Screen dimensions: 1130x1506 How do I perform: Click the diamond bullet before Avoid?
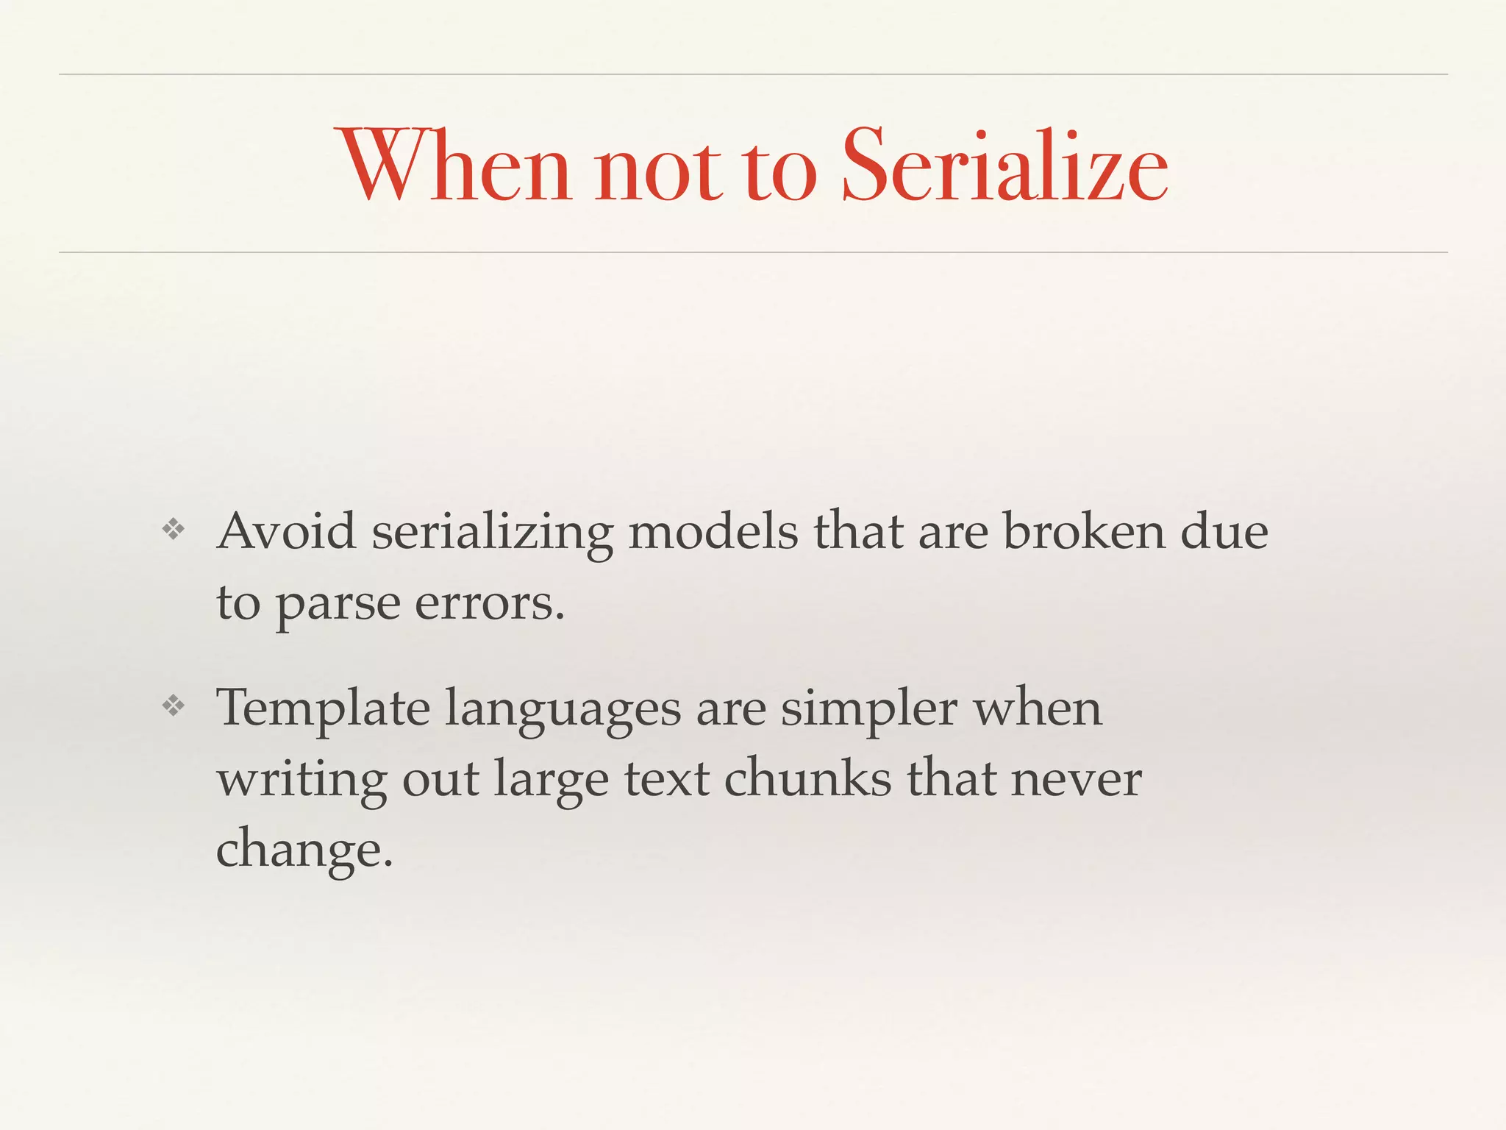174,529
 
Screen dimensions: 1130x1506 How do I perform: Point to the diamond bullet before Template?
174,706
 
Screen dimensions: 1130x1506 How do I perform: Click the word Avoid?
286,530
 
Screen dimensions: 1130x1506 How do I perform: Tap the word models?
713,530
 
